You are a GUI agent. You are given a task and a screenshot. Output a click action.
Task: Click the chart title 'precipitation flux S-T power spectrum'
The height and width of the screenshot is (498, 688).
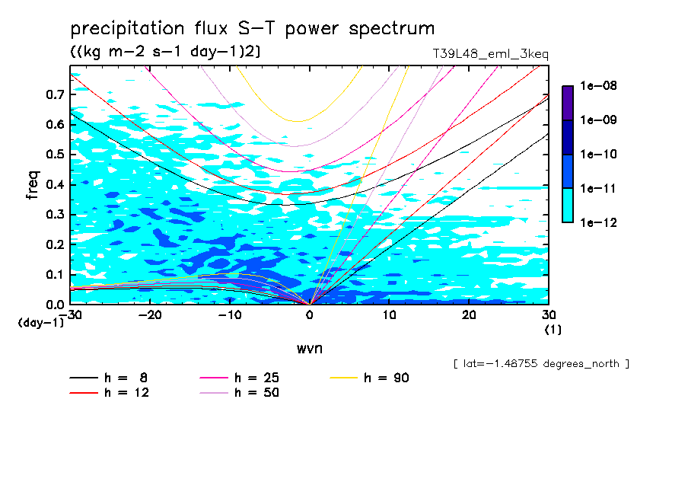(x=253, y=29)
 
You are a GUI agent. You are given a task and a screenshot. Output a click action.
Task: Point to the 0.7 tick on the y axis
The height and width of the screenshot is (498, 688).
(x=56, y=95)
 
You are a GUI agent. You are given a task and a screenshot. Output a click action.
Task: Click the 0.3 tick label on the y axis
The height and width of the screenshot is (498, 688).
(x=56, y=215)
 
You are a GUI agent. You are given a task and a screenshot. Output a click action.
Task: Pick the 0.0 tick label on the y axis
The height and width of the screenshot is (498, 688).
(x=56, y=305)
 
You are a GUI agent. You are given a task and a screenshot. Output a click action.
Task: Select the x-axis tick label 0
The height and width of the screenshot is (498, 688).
(x=310, y=315)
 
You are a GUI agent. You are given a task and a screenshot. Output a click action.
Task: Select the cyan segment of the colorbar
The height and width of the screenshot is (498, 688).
(x=568, y=205)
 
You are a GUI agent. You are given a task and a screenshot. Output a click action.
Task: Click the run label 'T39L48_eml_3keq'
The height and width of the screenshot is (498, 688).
(x=489, y=54)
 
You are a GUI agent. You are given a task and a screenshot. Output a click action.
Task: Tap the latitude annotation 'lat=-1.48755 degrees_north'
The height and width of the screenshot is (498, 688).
(x=540, y=363)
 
